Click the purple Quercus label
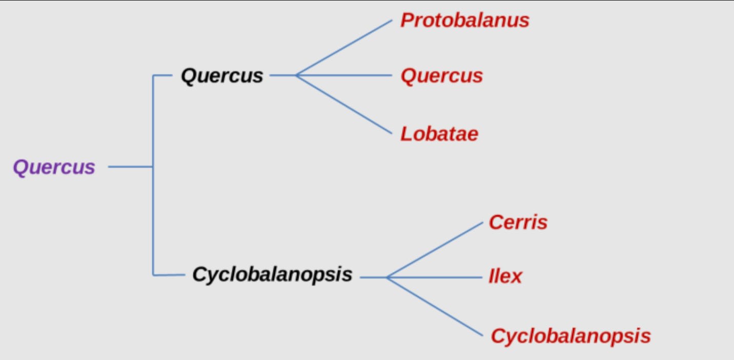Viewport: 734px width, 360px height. pos(54,167)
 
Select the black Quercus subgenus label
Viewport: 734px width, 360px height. pos(221,76)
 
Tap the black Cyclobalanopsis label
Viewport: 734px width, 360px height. pos(272,274)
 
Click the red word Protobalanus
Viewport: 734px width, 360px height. pos(464,21)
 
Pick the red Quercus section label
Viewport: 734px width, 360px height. pos(441,76)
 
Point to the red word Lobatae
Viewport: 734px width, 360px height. pos(439,134)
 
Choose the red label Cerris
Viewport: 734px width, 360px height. pos(518,223)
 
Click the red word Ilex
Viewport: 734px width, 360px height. pos(505,277)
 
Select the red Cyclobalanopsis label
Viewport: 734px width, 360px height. pos(570,336)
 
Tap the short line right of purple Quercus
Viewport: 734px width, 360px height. pos(130,167)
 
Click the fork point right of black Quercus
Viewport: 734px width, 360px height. pos(297,75)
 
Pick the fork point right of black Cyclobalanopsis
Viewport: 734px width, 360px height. pos(388,277)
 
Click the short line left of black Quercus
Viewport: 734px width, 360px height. pos(162,75)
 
